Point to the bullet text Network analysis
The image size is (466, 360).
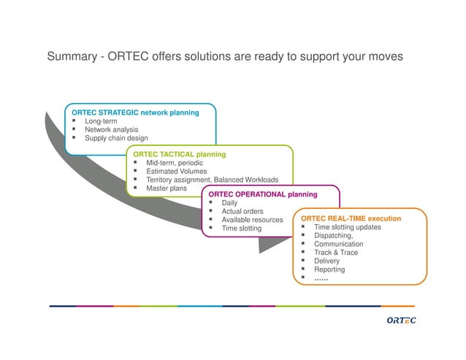click(111, 129)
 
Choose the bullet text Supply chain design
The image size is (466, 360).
click(116, 138)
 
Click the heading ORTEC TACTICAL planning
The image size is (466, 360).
click(179, 154)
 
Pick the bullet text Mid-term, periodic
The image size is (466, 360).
click(174, 163)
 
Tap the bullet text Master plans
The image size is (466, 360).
click(166, 188)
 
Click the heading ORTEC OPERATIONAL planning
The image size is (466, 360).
click(263, 194)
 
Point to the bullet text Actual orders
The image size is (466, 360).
click(242, 212)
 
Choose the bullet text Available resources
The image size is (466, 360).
click(252, 220)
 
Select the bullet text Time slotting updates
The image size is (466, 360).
click(347, 227)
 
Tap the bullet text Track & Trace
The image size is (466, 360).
click(336, 253)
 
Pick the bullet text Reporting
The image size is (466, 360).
click(329, 269)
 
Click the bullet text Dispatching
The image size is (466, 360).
click(333, 236)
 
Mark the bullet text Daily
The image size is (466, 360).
click(229, 203)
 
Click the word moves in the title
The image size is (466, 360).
click(383, 57)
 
